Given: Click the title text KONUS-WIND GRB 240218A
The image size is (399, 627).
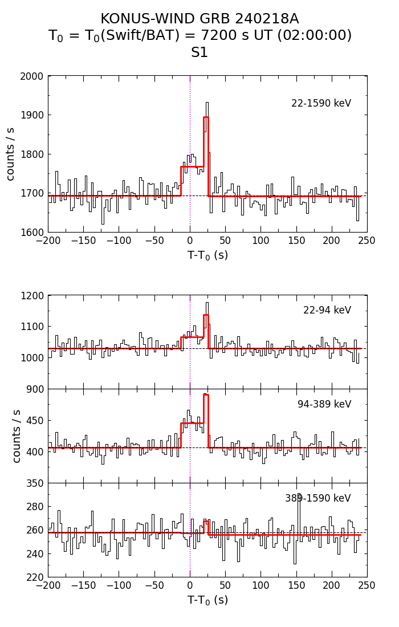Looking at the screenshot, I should [199, 19].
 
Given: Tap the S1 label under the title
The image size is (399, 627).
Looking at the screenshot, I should [199, 53].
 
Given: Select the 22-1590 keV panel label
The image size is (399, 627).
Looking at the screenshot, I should [321, 104].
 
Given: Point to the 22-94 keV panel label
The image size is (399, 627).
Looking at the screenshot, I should [327, 311].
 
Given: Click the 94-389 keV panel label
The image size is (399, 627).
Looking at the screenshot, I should [324, 405].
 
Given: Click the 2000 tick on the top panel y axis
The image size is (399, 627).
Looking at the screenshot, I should [32, 76].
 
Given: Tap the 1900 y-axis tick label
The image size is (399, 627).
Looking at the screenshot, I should [32, 115].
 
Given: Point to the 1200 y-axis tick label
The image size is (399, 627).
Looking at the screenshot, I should [32, 296].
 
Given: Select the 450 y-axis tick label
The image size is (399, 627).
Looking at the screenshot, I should [35, 421].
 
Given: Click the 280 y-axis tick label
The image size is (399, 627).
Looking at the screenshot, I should [35, 507].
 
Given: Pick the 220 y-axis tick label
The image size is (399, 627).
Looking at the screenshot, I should [35, 577].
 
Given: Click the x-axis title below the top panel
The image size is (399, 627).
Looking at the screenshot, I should [207, 256].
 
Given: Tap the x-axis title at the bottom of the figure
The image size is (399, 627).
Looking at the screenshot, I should [207, 600].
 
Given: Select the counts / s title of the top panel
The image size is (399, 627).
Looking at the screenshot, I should [11, 154].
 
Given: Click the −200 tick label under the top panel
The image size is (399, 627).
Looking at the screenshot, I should [48, 241].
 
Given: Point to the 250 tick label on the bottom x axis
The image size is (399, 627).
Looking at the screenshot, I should [367, 586].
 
